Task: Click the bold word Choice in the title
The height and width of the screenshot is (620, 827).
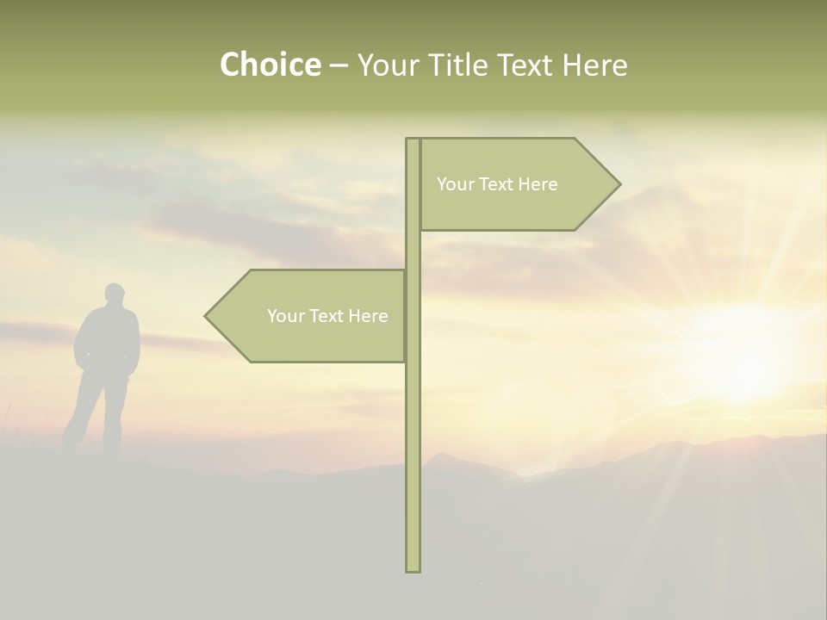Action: [270, 65]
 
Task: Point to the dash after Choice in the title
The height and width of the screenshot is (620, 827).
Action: [339, 66]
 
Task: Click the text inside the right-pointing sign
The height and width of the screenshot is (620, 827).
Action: [497, 184]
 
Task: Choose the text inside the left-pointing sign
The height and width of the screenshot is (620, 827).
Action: [327, 316]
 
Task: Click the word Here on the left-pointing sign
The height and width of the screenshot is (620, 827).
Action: [368, 316]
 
